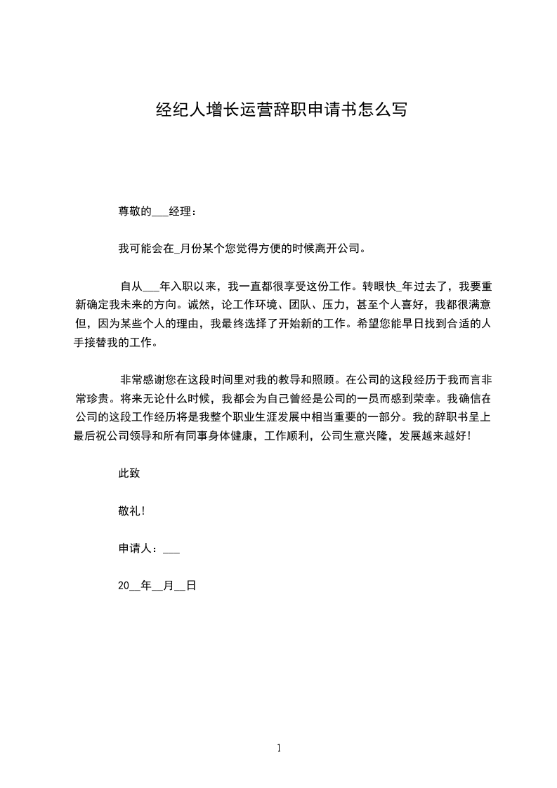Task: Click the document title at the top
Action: (x=280, y=110)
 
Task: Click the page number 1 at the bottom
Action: (x=279, y=748)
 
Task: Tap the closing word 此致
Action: (x=129, y=473)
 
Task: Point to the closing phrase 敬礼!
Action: (x=131, y=511)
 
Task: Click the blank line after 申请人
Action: (x=171, y=550)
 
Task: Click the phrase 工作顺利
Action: (x=288, y=436)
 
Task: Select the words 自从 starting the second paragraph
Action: (x=131, y=286)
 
